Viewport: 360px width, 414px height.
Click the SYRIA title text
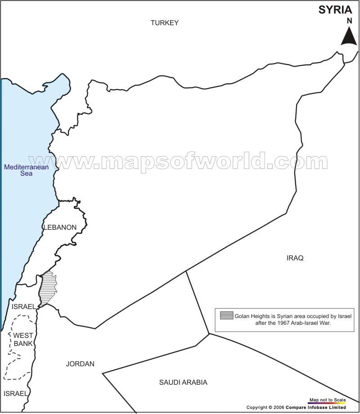pyautogui.click(x=335, y=9)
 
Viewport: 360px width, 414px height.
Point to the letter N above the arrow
pyautogui.click(x=349, y=21)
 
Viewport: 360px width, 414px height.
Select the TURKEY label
pyautogui.click(x=165, y=23)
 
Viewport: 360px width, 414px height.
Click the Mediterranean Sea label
pyautogui.click(x=27, y=170)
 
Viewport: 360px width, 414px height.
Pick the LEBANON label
pyautogui.click(x=60, y=227)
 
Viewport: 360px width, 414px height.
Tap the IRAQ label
pyautogui.click(x=295, y=258)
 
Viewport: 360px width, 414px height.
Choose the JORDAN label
pyautogui.click(x=80, y=364)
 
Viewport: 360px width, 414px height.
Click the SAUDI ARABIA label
pyautogui.click(x=183, y=382)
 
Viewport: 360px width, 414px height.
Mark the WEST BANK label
pyautogui.click(x=23, y=339)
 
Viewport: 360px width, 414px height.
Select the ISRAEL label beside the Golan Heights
pyautogui.click(x=24, y=306)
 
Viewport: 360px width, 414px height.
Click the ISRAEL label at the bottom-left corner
pyautogui.click(x=16, y=393)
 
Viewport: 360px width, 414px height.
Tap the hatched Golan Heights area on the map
pyautogui.click(x=47, y=288)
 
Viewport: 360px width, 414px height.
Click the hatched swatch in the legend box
pyautogui.click(x=226, y=315)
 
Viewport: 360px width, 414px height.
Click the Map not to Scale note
pyautogui.click(x=327, y=400)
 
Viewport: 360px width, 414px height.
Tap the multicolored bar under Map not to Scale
pyautogui.click(x=327, y=403)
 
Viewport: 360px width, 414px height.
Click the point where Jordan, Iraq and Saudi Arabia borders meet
pyautogui.click(x=209, y=334)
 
